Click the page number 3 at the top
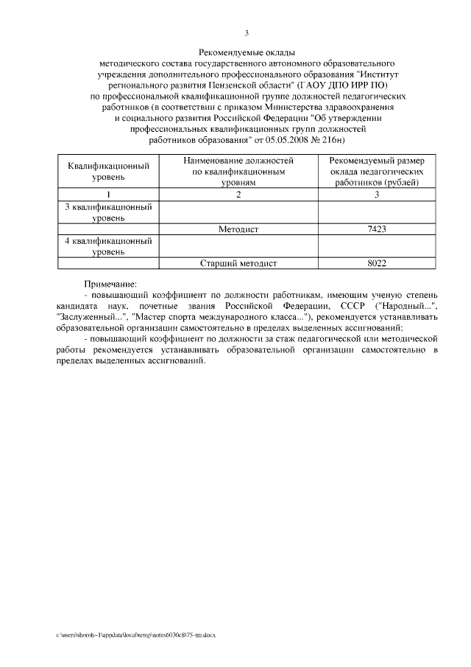[247, 33]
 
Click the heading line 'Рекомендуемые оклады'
[247, 53]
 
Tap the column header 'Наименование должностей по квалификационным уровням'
[238, 170]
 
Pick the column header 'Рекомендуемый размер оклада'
[376, 170]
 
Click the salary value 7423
[376, 229]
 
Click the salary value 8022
[376, 262]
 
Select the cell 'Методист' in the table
[238, 229]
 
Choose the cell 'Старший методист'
[238, 262]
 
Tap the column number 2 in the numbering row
[238, 194]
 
